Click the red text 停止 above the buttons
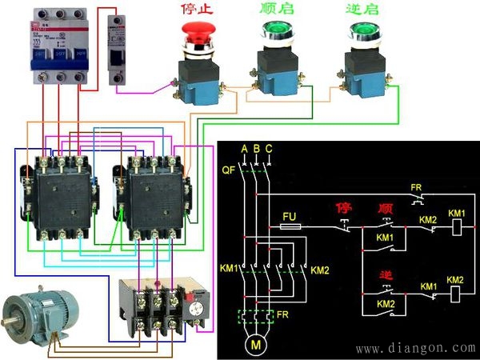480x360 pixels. click(198, 10)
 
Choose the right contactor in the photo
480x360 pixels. click(152, 193)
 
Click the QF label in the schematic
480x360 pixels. click(226, 170)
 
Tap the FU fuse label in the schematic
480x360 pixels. click(291, 215)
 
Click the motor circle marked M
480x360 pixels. click(256, 346)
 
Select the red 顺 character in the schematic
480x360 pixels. click(385, 210)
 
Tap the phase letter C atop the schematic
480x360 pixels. click(268, 150)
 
